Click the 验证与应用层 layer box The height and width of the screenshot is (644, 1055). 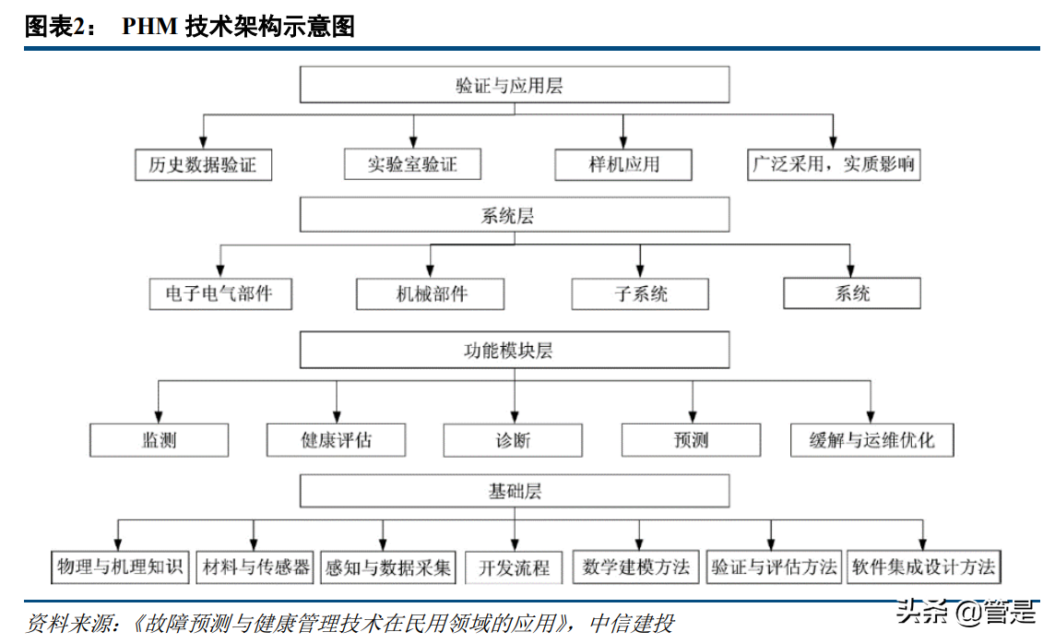[515, 86]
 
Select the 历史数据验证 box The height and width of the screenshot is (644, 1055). [203, 165]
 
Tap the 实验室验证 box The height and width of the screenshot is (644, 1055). [412, 165]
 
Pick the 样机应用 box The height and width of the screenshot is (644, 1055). [623, 165]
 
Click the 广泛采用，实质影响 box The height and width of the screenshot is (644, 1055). [833, 165]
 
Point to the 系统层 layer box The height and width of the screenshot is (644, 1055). [515, 217]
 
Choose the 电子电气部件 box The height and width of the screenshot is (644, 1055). [219, 294]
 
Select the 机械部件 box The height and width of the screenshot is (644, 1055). [431, 294]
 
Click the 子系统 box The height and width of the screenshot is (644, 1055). [641, 294]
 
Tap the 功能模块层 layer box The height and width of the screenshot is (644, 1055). [515, 351]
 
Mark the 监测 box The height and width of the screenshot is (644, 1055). [159, 439]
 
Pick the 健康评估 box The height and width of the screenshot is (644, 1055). [337, 439]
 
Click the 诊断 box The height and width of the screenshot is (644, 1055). [513, 439]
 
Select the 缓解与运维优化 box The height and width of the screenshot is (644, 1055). [871, 439]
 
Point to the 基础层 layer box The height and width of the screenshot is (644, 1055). [515, 491]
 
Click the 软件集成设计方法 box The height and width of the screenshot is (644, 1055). [923, 566]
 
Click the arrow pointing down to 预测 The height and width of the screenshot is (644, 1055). [692, 402]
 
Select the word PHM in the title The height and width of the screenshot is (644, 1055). [149, 27]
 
